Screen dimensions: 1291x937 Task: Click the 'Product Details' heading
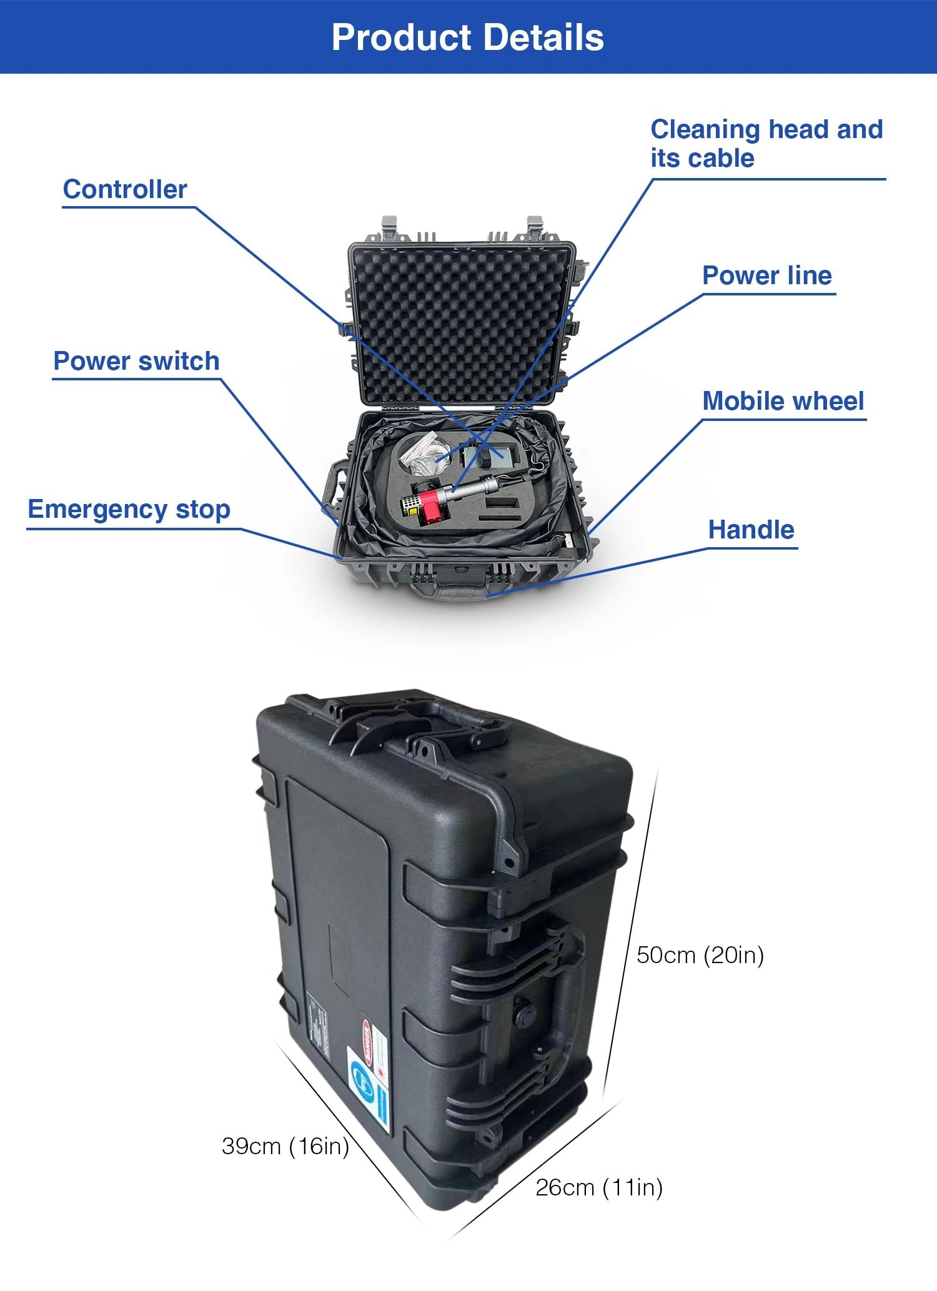click(468, 37)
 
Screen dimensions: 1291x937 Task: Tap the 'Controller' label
click(125, 189)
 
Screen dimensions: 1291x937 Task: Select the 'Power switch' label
click(136, 361)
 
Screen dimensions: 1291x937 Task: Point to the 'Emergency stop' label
click(129, 510)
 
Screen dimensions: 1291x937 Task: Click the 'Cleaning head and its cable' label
click(766, 144)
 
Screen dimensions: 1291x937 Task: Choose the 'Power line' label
click(767, 275)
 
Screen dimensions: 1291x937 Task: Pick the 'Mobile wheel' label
click(783, 401)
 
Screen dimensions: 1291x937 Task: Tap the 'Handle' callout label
click(751, 530)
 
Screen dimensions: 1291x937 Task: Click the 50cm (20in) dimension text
click(700, 955)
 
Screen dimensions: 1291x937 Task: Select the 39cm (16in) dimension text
click(285, 1146)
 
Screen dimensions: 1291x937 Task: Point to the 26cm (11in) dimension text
click(599, 1187)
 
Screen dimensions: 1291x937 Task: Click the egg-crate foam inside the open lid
click(459, 325)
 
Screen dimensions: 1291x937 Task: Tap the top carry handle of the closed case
click(437, 718)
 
